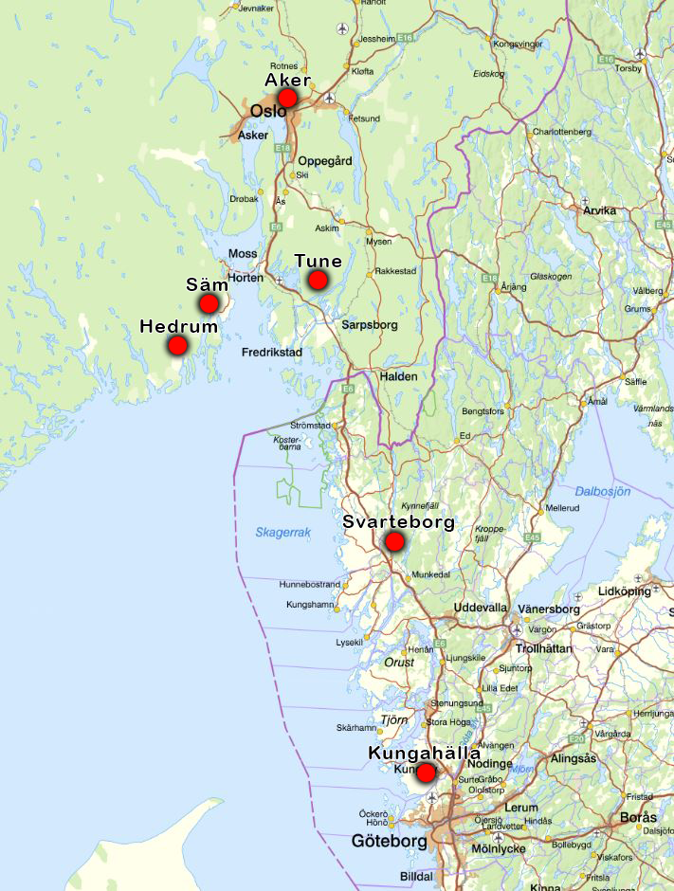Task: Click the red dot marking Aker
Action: [x=288, y=98]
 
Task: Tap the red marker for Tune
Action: [x=318, y=280]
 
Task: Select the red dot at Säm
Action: [x=209, y=303]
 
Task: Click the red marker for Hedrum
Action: [x=177, y=346]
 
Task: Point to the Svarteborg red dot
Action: [x=393, y=542]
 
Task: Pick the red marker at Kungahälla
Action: [x=426, y=773]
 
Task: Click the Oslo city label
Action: [x=268, y=112]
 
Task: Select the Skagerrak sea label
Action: [x=282, y=533]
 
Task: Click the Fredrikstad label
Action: [x=271, y=352]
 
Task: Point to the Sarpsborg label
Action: [x=369, y=324]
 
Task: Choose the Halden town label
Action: [x=398, y=376]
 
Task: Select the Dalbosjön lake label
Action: [x=603, y=491]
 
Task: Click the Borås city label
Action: [x=636, y=817]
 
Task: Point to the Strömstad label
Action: [x=310, y=426]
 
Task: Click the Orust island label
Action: [x=399, y=663]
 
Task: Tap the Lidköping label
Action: [x=626, y=591]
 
